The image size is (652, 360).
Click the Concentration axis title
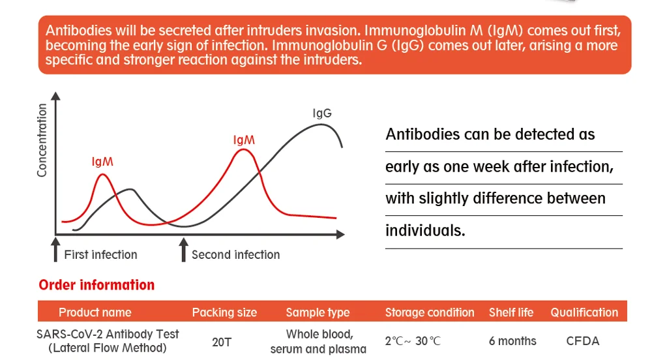(x=42, y=140)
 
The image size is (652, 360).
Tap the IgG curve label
(x=322, y=113)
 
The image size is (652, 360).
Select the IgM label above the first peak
(x=102, y=162)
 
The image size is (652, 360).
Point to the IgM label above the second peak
(x=244, y=140)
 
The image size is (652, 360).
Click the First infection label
(x=100, y=254)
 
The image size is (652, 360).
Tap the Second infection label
(x=236, y=254)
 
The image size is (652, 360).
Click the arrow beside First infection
(x=55, y=249)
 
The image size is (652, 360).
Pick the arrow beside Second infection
(x=183, y=249)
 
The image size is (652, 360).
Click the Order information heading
(x=96, y=285)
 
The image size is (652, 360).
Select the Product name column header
(x=95, y=312)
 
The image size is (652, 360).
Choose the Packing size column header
(x=224, y=312)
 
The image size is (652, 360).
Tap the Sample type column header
(x=318, y=312)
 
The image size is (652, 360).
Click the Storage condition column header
(x=430, y=312)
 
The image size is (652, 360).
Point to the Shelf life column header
(x=511, y=312)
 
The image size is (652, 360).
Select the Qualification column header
(x=584, y=312)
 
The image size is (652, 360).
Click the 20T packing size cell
(x=222, y=342)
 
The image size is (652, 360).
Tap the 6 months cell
(x=512, y=341)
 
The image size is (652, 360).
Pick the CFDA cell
(x=582, y=341)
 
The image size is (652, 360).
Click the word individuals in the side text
(x=425, y=230)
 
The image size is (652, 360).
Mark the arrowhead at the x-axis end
(x=340, y=235)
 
